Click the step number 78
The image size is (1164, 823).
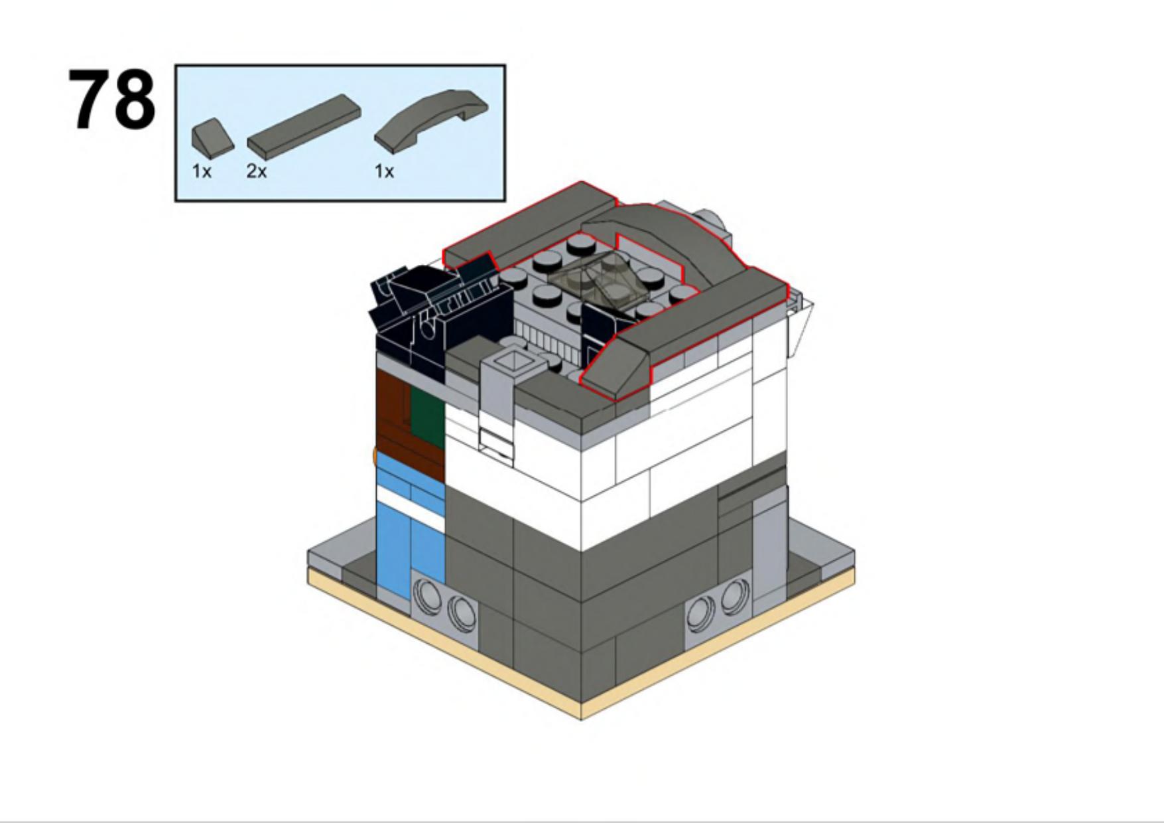tap(111, 100)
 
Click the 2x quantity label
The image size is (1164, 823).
tap(257, 171)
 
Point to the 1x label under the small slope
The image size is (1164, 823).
tap(202, 171)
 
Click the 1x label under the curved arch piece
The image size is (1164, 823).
tap(384, 171)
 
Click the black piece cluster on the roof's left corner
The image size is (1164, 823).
tap(438, 312)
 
